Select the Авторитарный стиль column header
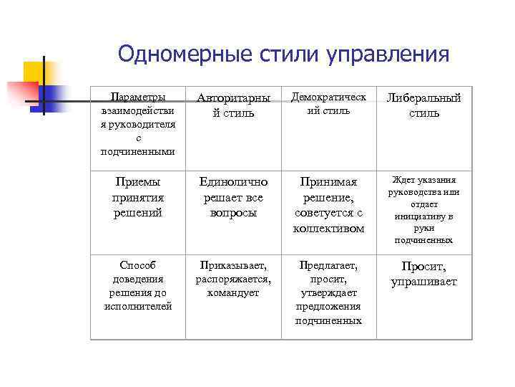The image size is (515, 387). coord(233,105)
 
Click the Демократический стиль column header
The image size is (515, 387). coord(328,103)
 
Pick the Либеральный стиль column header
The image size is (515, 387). coord(424,105)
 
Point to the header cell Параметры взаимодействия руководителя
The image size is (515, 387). coord(138,123)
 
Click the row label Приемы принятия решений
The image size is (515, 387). coord(138,197)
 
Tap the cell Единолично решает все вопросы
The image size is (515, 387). coord(233,197)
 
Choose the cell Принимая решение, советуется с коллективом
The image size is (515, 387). coord(328,205)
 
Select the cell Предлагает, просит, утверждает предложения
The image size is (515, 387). coord(328,292)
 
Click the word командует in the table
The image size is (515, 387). coord(233,292)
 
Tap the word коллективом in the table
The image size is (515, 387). coord(328,229)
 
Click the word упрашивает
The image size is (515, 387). coord(424,282)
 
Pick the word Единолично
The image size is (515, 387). coord(233,182)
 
